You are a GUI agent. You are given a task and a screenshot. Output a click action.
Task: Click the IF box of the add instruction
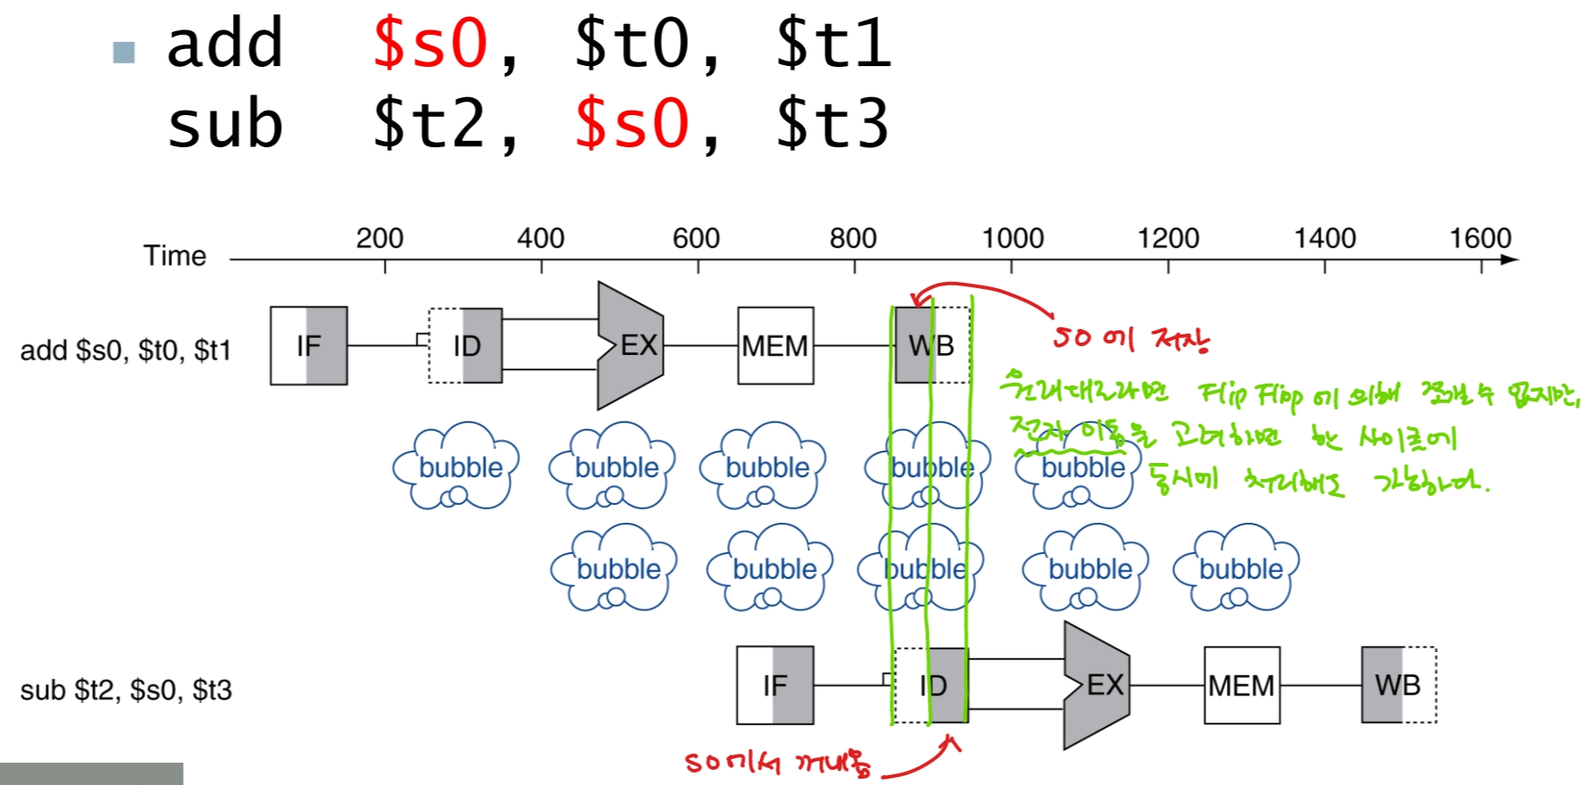(309, 346)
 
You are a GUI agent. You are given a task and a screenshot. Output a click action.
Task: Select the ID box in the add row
(465, 346)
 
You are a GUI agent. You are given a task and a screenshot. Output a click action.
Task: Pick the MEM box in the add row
(775, 346)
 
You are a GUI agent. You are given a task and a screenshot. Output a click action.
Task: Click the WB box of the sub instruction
(1398, 685)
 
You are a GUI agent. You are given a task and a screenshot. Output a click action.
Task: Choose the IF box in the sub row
(774, 685)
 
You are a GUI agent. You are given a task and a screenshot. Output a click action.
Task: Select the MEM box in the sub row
(1241, 685)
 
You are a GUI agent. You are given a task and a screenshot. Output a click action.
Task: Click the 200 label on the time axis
(379, 238)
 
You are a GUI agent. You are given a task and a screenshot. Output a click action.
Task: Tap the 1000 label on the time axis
(1013, 238)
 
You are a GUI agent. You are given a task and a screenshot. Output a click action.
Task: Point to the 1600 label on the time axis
(1480, 238)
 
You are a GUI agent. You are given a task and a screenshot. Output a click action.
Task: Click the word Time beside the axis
(175, 256)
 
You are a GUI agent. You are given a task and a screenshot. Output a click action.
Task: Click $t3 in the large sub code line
(832, 124)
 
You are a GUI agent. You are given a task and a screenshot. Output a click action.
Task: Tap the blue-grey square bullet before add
(124, 53)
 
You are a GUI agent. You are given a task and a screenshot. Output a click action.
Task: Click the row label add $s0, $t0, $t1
(126, 351)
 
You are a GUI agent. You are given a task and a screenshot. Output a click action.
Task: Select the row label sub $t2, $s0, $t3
(126, 690)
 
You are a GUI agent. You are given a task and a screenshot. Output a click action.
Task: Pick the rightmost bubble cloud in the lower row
(1238, 568)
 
